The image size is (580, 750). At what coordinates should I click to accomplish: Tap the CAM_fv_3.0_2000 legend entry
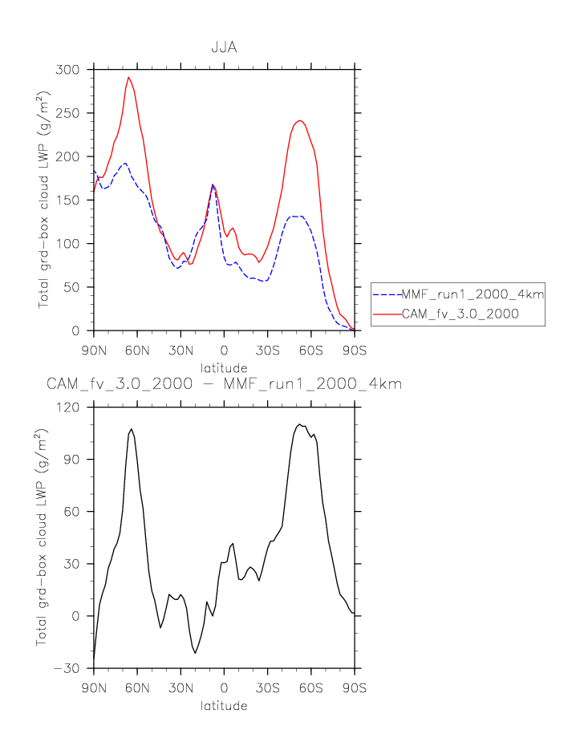point(460,314)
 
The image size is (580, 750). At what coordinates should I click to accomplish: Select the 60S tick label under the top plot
point(310,351)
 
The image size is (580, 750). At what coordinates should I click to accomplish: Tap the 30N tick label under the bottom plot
point(180,688)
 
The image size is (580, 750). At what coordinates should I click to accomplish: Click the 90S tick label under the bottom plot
point(355,688)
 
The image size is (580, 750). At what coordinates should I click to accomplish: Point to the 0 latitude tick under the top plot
point(224,351)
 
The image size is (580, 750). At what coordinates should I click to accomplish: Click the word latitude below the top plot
point(224,367)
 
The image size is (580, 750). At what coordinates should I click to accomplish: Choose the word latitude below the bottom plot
point(224,706)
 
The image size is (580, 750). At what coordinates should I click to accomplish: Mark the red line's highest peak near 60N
point(128,78)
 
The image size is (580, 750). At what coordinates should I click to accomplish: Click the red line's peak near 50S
point(299,120)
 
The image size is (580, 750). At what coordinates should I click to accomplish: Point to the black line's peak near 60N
point(131,429)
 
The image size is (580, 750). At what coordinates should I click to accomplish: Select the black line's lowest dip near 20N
point(194,653)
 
